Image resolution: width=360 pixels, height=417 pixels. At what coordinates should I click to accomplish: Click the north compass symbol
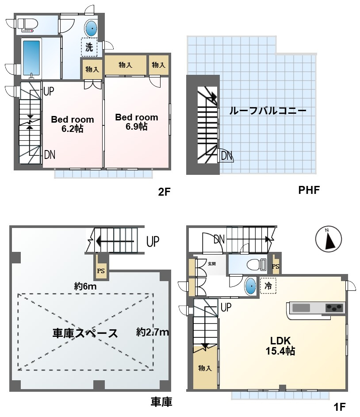coord(329,239)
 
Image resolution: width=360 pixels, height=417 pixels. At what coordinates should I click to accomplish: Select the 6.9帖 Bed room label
coord(137,122)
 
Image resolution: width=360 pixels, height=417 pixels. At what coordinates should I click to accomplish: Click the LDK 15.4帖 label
coord(280,346)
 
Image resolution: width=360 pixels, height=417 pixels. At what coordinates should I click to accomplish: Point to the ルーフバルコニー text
coord(268,111)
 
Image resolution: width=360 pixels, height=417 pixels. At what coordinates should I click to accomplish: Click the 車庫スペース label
coord(85,333)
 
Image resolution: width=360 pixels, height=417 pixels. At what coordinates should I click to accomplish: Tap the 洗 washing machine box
coord(89,47)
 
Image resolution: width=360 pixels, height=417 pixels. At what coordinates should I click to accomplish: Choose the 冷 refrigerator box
coord(268,286)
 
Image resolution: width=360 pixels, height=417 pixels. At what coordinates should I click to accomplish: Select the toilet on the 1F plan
coord(257,265)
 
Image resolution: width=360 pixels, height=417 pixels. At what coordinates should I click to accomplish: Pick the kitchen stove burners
coord(334,308)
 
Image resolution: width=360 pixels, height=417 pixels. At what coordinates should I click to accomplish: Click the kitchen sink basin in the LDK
coord(301,308)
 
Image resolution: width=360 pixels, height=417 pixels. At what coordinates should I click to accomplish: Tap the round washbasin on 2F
coord(91,28)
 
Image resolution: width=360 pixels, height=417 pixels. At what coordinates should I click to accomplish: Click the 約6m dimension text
coord(85,286)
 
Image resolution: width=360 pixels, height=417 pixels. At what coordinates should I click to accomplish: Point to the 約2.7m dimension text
coord(153,332)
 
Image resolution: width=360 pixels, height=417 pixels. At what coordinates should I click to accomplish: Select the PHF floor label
coord(309,190)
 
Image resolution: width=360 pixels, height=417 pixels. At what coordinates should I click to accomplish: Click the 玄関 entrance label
coord(212,264)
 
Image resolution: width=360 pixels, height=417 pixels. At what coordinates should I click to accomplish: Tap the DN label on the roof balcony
coord(226,155)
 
